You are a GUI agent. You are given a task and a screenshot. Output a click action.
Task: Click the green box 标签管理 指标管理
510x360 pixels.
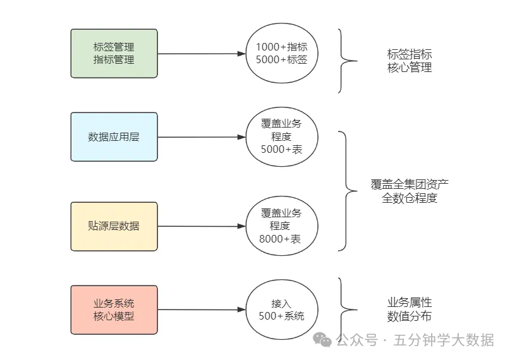click(x=114, y=54)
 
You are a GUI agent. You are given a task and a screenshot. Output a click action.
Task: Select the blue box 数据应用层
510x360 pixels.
click(x=114, y=137)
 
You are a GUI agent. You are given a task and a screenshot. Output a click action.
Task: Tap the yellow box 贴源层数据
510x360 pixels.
click(x=114, y=226)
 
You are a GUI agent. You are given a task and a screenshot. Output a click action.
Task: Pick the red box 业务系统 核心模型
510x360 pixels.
click(x=114, y=310)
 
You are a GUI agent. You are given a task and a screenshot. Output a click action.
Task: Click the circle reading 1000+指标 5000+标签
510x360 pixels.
click(x=281, y=54)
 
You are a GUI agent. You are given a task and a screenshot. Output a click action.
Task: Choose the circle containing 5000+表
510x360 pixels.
click(x=281, y=136)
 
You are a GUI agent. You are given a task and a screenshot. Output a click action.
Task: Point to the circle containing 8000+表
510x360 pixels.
click(x=281, y=225)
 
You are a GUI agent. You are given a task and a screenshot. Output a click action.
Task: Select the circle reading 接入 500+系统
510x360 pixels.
click(x=281, y=309)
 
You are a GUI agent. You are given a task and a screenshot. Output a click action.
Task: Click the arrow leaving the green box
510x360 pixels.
click(x=201, y=54)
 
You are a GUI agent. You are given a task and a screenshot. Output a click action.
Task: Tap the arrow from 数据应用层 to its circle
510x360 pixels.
click(x=201, y=137)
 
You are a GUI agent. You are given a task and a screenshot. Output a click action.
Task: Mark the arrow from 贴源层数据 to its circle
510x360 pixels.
click(x=201, y=226)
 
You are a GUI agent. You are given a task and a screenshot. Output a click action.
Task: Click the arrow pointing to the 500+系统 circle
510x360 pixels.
click(x=201, y=310)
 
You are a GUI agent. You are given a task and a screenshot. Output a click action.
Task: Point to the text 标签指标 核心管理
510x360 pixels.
click(x=410, y=61)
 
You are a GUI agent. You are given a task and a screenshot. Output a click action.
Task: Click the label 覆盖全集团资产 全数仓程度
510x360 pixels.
click(x=410, y=191)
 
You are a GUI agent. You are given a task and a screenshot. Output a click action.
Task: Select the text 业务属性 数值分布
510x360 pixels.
click(x=410, y=309)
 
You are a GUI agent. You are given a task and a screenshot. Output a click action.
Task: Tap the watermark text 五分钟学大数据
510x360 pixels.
click(x=444, y=340)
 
